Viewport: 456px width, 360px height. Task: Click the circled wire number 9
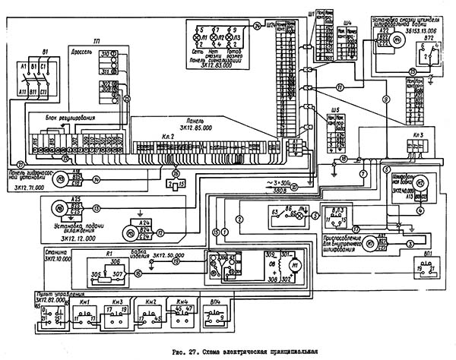[385, 99]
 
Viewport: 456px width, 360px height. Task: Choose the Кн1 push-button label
[85, 302]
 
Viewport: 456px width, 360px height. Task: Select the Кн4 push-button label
[181, 302]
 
